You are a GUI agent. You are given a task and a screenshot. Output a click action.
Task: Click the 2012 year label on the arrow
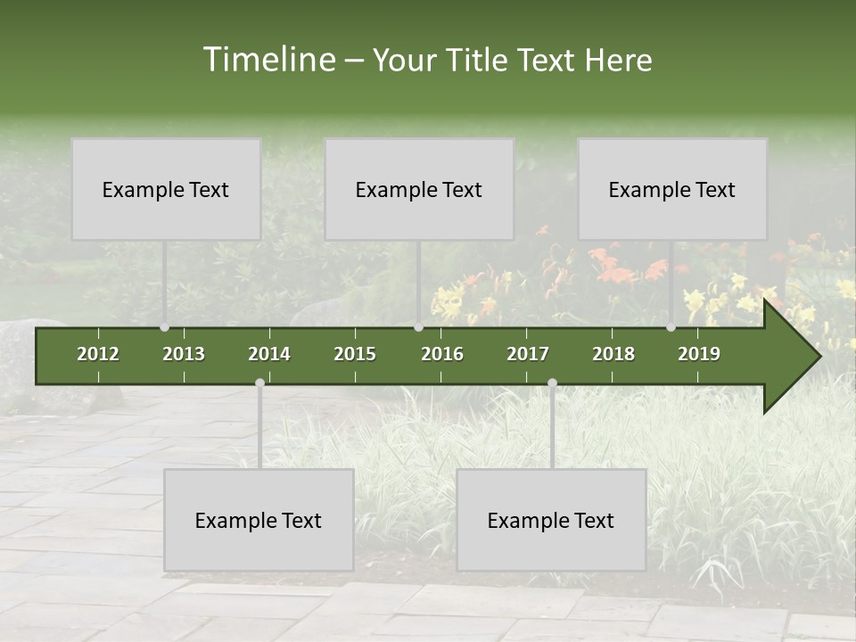click(x=98, y=354)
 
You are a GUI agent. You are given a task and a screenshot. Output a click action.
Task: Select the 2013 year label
click(x=184, y=354)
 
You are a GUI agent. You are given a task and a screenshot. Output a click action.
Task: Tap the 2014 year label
click(x=269, y=354)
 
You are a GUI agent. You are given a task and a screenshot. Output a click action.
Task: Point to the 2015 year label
click(x=355, y=354)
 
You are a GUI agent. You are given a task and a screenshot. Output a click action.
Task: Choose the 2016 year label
click(x=442, y=354)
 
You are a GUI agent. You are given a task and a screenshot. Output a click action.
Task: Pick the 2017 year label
click(x=528, y=354)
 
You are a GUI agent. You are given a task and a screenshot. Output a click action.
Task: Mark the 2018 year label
click(x=613, y=354)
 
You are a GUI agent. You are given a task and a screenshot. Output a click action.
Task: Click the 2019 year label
click(x=699, y=354)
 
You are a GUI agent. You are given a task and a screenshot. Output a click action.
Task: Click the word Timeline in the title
click(x=268, y=60)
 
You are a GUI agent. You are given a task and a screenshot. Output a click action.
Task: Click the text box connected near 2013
click(x=166, y=189)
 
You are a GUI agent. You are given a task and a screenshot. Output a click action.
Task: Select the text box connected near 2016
click(x=419, y=189)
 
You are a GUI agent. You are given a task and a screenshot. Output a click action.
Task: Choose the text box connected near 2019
click(x=672, y=189)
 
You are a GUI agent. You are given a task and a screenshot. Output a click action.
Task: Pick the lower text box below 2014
click(x=259, y=520)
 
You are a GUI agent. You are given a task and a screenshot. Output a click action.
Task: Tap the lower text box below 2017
click(x=551, y=520)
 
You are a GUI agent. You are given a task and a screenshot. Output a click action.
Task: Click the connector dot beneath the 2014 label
click(x=259, y=383)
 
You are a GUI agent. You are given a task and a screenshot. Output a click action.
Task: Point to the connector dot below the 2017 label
click(x=552, y=383)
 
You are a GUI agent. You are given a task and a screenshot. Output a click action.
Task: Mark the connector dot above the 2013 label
click(x=164, y=327)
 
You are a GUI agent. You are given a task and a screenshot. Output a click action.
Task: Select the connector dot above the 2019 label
click(x=671, y=327)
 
